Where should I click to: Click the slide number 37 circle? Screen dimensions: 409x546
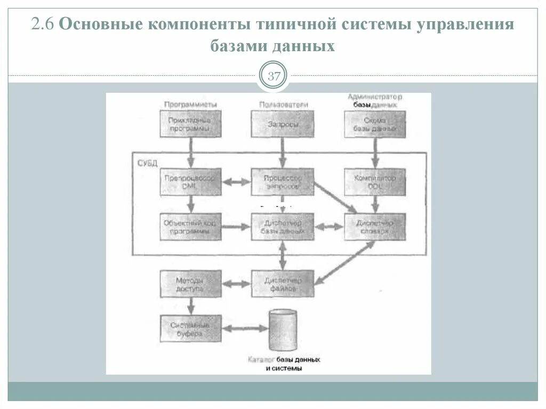pyautogui.click(x=274, y=76)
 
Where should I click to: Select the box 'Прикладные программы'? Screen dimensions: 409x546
pyautogui.click(x=190, y=125)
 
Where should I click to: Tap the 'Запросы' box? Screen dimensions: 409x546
pyautogui.click(x=283, y=125)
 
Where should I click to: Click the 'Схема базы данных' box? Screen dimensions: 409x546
pyautogui.click(x=374, y=125)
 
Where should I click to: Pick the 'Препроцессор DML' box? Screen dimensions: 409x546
pyautogui.click(x=190, y=182)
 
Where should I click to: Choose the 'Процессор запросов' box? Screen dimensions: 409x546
pyautogui.click(x=283, y=182)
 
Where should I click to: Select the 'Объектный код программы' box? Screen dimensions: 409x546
pyautogui.click(x=190, y=227)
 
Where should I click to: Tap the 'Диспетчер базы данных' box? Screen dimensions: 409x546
pyautogui.click(x=283, y=227)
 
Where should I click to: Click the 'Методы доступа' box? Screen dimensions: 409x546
pyautogui.click(x=190, y=284)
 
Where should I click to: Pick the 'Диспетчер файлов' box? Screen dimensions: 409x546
pyautogui.click(x=283, y=284)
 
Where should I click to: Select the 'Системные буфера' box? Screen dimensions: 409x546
pyautogui.click(x=190, y=328)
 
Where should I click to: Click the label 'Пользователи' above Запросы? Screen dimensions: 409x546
pyautogui.click(x=283, y=105)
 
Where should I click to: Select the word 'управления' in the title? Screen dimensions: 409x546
pyautogui.click(x=468, y=25)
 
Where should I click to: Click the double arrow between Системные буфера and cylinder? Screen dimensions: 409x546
pyautogui.click(x=244, y=329)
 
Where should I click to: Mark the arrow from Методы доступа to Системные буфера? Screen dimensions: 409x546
pyautogui.click(x=190, y=306)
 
